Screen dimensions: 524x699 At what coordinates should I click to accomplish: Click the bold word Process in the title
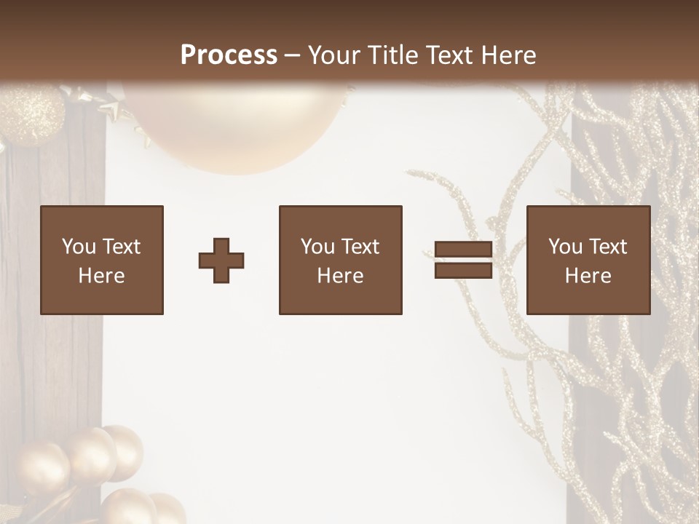229,55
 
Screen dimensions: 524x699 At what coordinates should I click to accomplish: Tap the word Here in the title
507,55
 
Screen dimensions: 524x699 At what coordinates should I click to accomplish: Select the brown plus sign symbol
221,261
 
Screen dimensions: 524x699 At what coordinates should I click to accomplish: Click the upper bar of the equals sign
463,250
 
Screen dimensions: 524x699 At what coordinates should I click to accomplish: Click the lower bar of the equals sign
463,271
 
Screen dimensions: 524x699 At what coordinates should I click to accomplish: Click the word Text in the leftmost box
121,247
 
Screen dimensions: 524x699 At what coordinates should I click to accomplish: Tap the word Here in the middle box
340,276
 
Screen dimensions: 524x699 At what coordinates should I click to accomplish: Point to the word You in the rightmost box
566,247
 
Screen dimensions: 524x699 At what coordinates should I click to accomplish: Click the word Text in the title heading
448,55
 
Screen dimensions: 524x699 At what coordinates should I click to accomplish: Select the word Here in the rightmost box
588,276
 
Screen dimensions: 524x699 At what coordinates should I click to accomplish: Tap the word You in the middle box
318,247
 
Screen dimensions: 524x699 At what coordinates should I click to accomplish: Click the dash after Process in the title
293,56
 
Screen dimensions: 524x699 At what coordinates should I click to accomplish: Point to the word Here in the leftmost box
102,276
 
